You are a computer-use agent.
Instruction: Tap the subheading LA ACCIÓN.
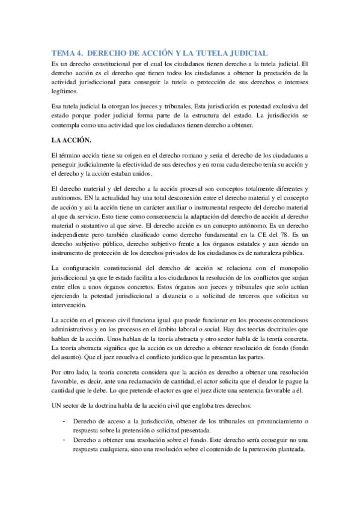tap(70, 140)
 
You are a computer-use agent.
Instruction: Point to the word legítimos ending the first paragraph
tap(65, 92)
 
